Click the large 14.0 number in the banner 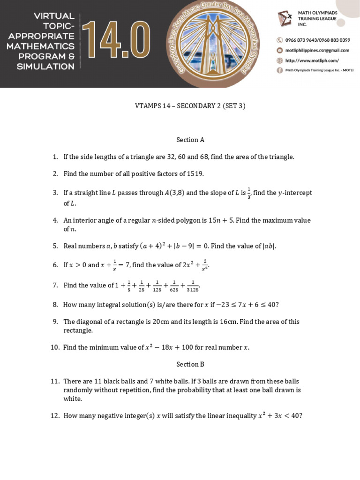point(116,44)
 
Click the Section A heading point(190,140)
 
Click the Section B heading point(190,364)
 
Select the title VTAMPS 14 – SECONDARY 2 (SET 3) point(190,106)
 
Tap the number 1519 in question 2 point(195,174)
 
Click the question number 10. point(55,347)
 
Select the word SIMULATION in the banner point(45,67)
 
